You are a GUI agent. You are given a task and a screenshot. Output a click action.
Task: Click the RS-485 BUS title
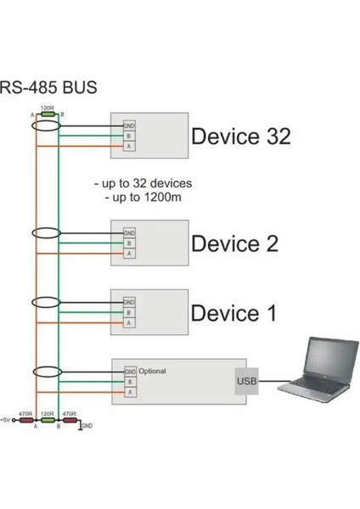[x=48, y=87]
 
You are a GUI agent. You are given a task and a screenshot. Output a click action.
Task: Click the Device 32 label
[x=241, y=137]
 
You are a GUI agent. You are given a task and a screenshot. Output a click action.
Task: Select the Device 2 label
[x=234, y=243]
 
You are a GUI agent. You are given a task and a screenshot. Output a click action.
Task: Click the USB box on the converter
[x=246, y=382]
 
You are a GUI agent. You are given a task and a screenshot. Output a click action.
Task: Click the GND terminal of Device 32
[x=129, y=126]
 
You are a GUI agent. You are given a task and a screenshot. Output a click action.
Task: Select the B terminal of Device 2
[x=129, y=243]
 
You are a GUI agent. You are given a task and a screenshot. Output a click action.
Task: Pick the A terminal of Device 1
[x=129, y=322]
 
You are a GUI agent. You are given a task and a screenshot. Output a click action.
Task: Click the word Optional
[x=153, y=371]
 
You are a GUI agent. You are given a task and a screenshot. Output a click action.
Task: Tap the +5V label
[x=7, y=420]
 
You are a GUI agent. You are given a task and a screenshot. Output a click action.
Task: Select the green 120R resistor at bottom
[x=48, y=420]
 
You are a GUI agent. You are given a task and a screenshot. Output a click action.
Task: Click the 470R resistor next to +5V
[x=25, y=420]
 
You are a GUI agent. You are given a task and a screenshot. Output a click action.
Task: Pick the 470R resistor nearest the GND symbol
[x=70, y=420]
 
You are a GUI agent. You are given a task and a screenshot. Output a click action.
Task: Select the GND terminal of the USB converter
[x=130, y=372]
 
